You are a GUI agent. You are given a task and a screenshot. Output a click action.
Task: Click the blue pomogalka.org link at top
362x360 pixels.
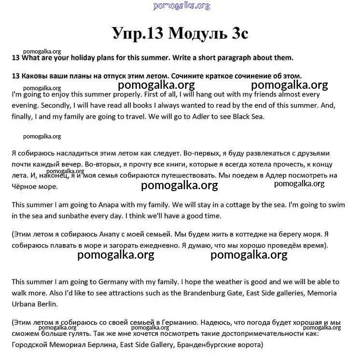coord(181,6)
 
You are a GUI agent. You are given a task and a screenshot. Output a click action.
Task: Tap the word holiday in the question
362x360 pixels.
coord(94,58)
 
